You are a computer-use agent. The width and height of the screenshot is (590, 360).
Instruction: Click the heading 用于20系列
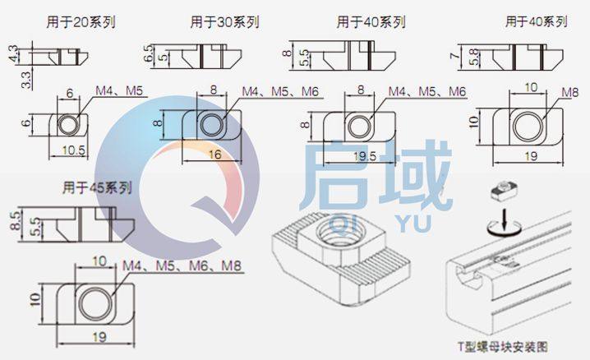pyautogui.click(x=81, y=22)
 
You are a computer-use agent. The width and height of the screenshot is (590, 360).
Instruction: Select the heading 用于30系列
pyautogui.click(x=224, y=22)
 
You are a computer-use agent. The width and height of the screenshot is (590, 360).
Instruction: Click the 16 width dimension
pyautogui.click(x=214, y=154)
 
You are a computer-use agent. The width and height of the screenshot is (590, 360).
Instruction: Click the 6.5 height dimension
pyautogui.click(x=148, y=55)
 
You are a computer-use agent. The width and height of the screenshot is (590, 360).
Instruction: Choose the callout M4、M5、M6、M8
pyautogui.click(x=182, y=267)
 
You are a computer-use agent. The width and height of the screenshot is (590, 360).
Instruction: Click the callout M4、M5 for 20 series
pyautogui.click(x=122, y=89)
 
